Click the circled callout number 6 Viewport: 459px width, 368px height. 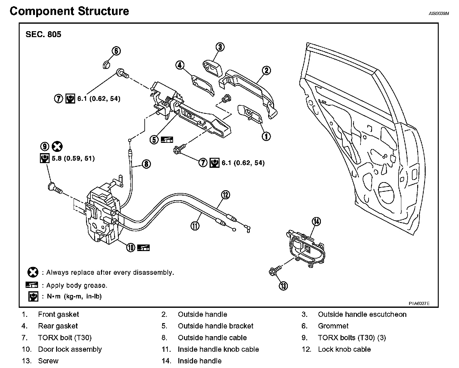(x=116, y=51)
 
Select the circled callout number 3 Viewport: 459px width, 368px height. (x=220, y=47)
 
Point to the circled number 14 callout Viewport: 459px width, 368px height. (x=316, y=222)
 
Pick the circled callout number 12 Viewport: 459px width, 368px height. (x=225, y=195)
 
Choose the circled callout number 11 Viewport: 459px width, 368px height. (x=195, y=225)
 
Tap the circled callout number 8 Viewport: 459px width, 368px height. (x=146, y=163)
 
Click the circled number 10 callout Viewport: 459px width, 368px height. (x=131, y=248)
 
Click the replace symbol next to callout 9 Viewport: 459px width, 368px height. (x=57, y=146)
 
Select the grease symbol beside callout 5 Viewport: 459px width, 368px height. (x=167, y=140)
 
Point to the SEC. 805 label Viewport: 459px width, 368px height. (x=43, y=34)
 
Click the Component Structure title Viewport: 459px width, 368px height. (x=69, y=11)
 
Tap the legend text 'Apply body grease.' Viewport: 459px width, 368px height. (x=77, y=285)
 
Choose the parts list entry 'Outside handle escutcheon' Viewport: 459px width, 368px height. (x=362, y=314)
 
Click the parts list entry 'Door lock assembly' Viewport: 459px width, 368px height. (x=70, y=349)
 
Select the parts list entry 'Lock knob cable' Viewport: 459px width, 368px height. (x=344, y=349)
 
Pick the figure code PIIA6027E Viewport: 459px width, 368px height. (x=419, y=303)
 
